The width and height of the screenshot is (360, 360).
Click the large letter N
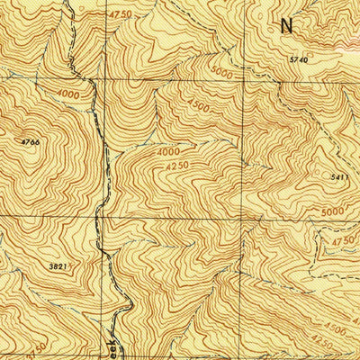[286, 25]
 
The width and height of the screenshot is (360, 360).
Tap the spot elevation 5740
[299, 59]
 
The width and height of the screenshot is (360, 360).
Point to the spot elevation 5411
[340, 178]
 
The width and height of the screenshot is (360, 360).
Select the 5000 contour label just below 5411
[332, 211]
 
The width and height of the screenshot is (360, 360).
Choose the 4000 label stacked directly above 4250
[167, 152]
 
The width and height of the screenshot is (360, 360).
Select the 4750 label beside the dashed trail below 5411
[343, 242]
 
